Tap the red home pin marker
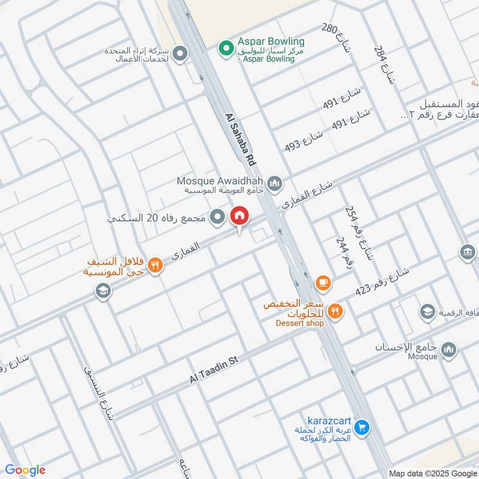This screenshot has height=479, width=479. [239, 216]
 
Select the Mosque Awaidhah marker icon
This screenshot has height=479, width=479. [275, 183]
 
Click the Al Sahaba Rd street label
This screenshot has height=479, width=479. [241, 140]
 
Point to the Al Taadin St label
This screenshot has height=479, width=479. [214, 369]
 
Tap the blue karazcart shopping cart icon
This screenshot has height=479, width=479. [361, 428]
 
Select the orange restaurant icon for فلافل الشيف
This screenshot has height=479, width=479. [155, 264]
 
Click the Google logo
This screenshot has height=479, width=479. [25, 470]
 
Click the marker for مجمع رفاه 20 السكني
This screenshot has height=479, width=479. [219, 217]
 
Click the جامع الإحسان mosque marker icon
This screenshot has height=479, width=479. [448, 349]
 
